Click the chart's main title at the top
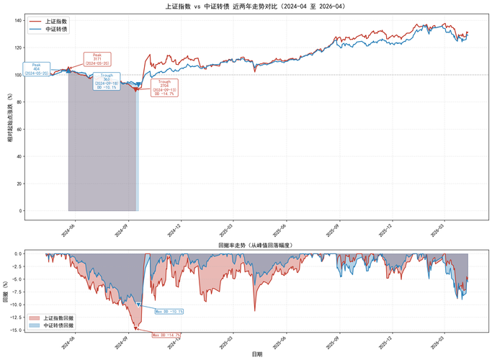click(x=246, y=6)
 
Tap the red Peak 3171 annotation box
click(x=97, y=59)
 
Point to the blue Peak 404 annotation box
click(x=37, y=69)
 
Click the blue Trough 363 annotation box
click(x=107, y=81)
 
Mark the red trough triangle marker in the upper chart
click(x=135, y=89)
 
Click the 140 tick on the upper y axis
click(x=18, y=20)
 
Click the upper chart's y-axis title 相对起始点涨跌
click(x=9, y=115)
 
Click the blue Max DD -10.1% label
click(x=169, y=311)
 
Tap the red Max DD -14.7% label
click(x=166, y=335)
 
